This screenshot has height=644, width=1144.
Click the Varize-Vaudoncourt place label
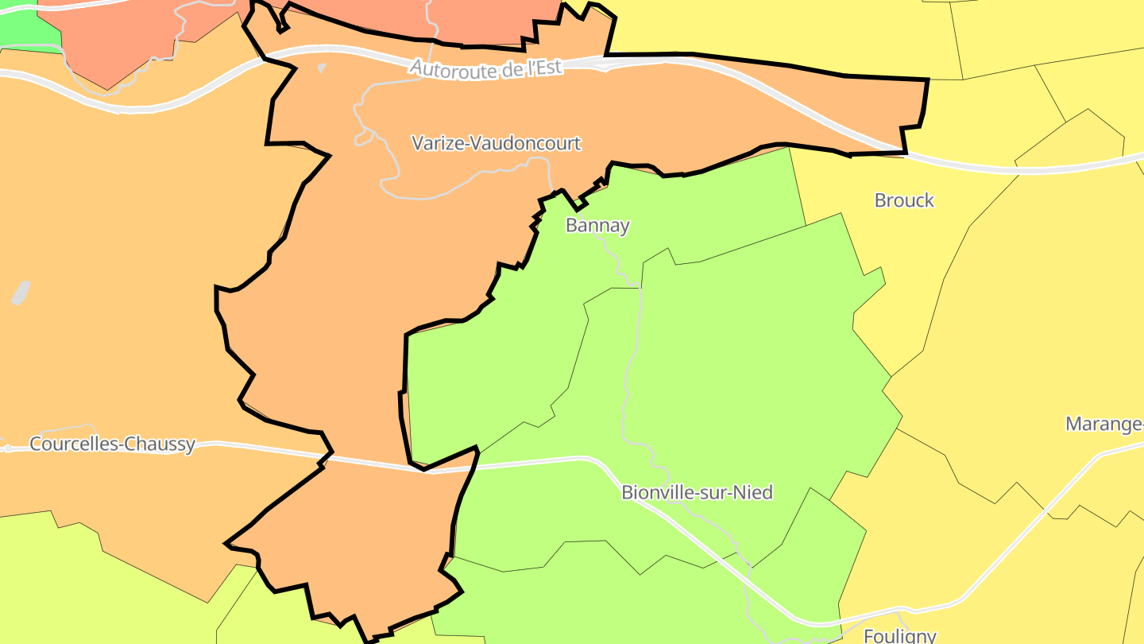click(496, 143)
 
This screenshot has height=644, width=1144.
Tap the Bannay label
click(597, 225)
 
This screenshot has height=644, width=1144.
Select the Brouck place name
click(904, 200)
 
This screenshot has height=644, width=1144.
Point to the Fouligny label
click(900, 635)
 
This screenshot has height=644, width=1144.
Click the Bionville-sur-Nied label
click(697, 492)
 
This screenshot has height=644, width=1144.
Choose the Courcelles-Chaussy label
click(112, 444)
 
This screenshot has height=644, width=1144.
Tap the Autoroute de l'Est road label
click(486, 68)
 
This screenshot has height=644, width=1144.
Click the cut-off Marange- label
click(1104, 423)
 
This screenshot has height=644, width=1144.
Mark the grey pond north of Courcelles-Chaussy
click(21, 293)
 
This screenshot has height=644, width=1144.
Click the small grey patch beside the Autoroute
click(322, 68)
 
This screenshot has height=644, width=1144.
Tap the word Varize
click(436, 143)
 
